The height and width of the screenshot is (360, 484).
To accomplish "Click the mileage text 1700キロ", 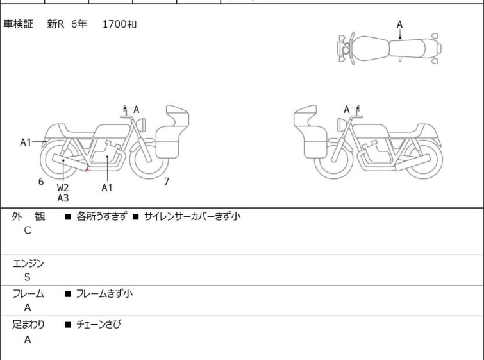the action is tap(119, 24).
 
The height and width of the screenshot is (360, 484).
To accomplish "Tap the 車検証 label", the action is tap(18, 24).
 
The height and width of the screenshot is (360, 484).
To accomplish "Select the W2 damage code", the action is tap(63, 187).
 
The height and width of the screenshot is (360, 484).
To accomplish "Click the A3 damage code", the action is tap(63, 198).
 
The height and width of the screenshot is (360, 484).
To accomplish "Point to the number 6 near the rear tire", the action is tap(41, 182).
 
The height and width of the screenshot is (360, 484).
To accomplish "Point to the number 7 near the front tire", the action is tap(167, 182).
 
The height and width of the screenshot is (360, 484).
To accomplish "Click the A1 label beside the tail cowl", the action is tap(26, 142).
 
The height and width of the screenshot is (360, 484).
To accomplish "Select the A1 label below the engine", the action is tap(107, 187).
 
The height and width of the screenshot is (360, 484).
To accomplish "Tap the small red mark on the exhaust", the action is tap(87, 169).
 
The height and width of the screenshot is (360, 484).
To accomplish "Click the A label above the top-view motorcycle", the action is tap(400, 24).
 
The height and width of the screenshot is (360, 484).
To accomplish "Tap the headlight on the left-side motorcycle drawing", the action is tap(141, 124).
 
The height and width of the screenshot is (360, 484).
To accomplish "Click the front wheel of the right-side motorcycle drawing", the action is tap(333, 160).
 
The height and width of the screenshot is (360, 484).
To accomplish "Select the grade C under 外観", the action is tap(28, 230).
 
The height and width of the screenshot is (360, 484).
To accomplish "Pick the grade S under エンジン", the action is tap(28, 277).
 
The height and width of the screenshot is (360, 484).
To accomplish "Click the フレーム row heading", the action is tap(28, 293).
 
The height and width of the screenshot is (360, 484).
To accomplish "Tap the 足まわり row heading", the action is tap(28, 325).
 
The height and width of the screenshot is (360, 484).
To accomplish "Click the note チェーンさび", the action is tap(99, 324).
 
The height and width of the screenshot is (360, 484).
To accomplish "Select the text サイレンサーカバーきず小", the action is tap(192, 216).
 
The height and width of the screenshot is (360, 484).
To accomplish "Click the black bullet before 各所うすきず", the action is tap(68, 217).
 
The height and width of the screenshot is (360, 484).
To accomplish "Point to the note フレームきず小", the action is tap(104, 293).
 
